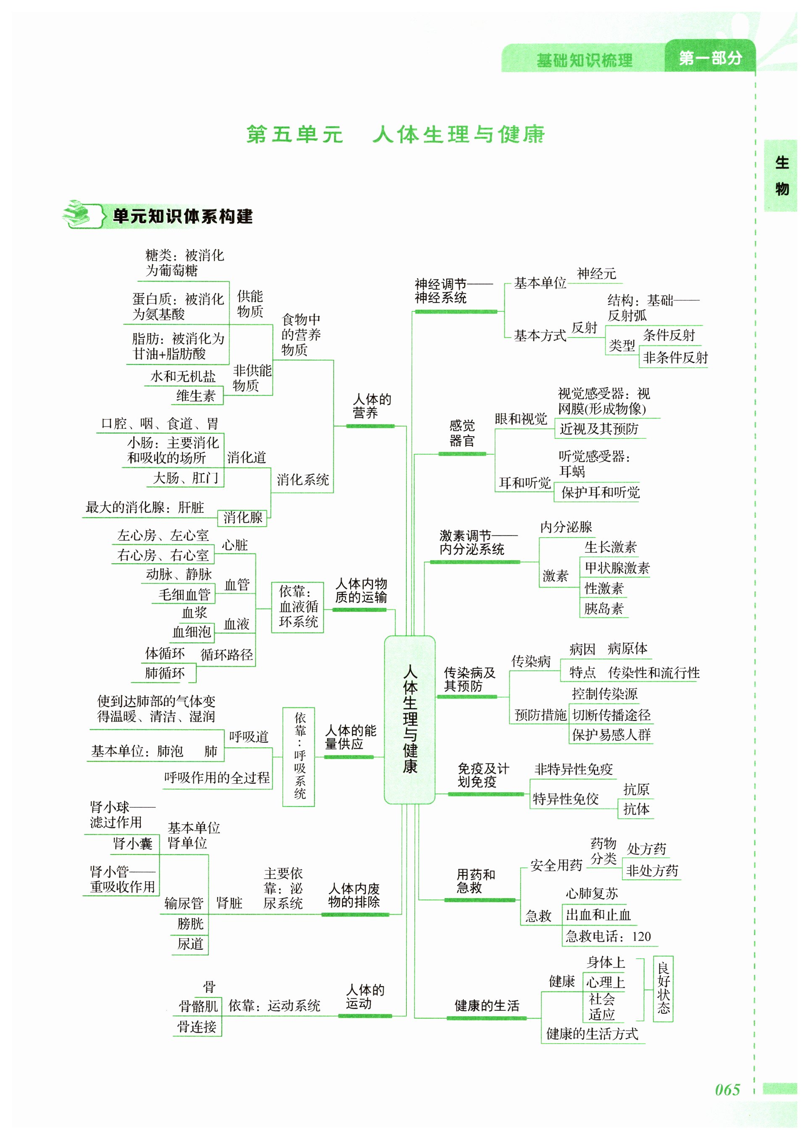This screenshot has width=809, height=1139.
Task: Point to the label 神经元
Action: (596, 274)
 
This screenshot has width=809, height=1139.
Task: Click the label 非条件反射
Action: (675, 357)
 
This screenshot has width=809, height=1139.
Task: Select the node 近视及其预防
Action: (599, 429)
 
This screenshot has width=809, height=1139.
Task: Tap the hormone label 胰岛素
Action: (604, 608)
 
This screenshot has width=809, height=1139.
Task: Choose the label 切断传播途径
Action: (611, 715)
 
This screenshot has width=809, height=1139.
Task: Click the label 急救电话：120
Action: (608, 936)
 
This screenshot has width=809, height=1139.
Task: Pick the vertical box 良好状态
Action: (663, 988)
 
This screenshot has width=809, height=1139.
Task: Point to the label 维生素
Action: (196, 395)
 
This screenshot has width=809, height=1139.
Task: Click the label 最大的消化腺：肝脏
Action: (145, 507)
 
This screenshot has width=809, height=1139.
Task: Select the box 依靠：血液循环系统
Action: (298, 606)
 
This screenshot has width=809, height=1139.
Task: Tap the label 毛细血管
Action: (184, 594)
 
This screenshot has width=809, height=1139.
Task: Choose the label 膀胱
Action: (190, 923)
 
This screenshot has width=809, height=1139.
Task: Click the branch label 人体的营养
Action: (372, 406)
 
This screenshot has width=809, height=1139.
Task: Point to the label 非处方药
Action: (652, 870)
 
